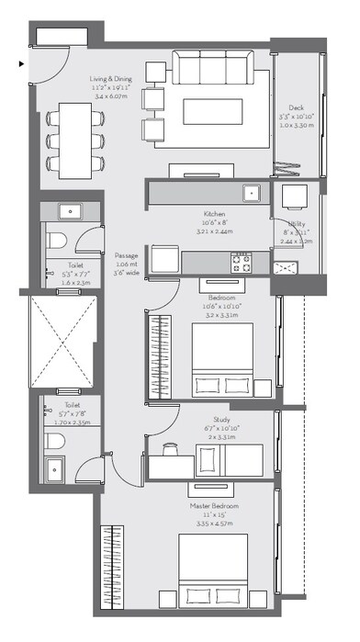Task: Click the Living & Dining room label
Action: tap(111, 80)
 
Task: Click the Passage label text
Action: tap(126, 255)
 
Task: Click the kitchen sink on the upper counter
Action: tap(251, 192)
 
